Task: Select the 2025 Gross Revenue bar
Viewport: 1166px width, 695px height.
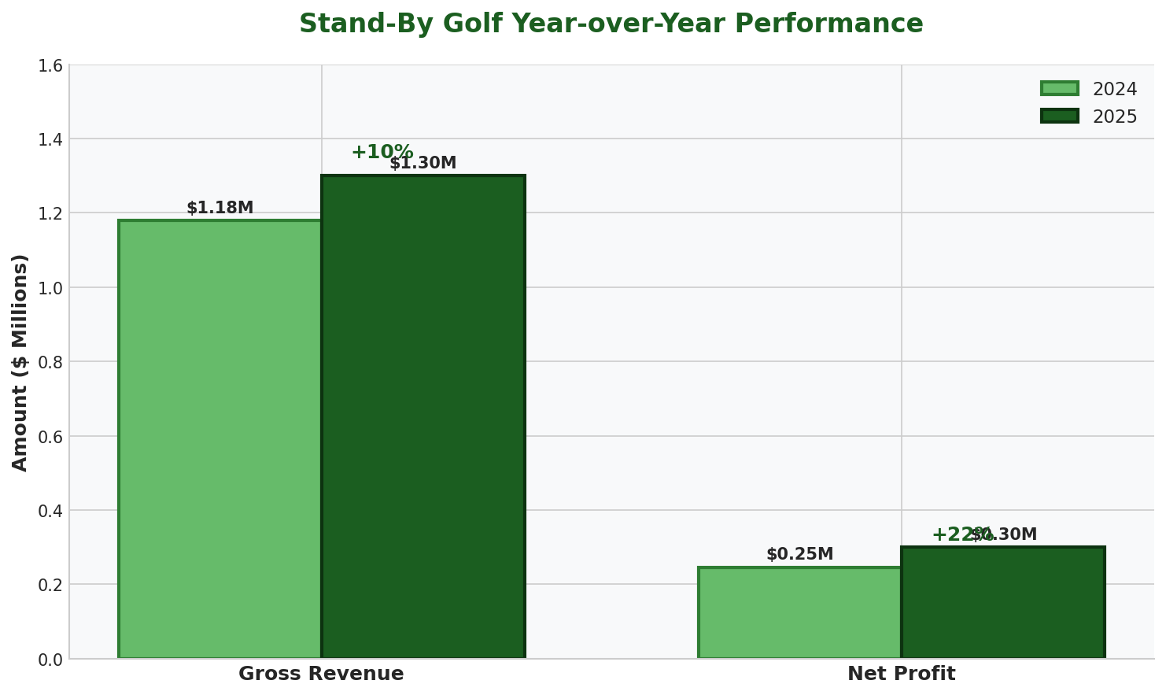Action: [x=422, y=417]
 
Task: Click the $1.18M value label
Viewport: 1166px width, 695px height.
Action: [x=220, y=209]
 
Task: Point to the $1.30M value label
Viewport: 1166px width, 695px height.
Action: [x=423, y=164]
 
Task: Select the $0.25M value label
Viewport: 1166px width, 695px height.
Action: [x=799, y=555]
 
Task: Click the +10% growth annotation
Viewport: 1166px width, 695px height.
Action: [x=382, y=152]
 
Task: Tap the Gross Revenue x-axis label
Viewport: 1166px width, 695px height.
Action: [x=321, y=675]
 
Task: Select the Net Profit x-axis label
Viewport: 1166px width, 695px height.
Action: [x=901, y=675]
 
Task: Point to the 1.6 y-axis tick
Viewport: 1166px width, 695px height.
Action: [x=50, y=65]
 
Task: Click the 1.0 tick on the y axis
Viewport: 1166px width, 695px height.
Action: [x=50, y=288]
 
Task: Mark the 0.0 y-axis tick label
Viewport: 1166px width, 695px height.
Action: [x=50, y=660]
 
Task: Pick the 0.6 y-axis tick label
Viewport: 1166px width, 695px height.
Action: [x=50, y=437]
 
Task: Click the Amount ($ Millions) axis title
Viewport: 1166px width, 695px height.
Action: [x=20, y=362]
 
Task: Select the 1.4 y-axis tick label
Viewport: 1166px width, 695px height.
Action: [x=50, y=140]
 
